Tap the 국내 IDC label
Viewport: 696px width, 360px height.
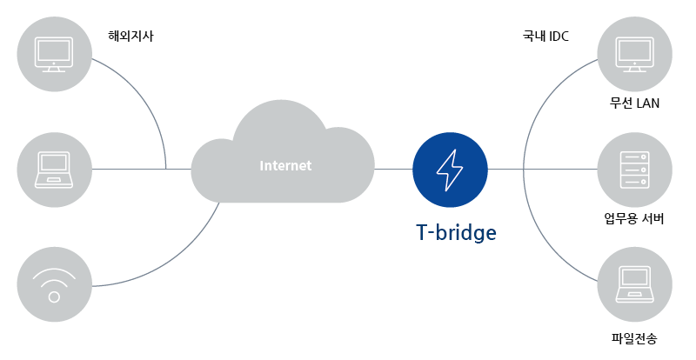pos(545,37)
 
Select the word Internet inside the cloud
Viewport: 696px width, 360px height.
pos(285,165)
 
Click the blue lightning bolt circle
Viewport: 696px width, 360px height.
pos(451,169)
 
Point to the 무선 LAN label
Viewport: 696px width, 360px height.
pos(634,104)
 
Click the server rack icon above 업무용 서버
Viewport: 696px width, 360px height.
pos(634,169)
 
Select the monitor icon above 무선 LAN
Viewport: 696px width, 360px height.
pos(634,53)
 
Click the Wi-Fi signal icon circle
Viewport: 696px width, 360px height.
pos(54,283)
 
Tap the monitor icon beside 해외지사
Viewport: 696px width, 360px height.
pos(54,53)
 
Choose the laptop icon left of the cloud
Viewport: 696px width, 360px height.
pos(54,169)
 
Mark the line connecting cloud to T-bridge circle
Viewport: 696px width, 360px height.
pos(393,169)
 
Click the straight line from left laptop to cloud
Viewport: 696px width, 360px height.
pos(130,169)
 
